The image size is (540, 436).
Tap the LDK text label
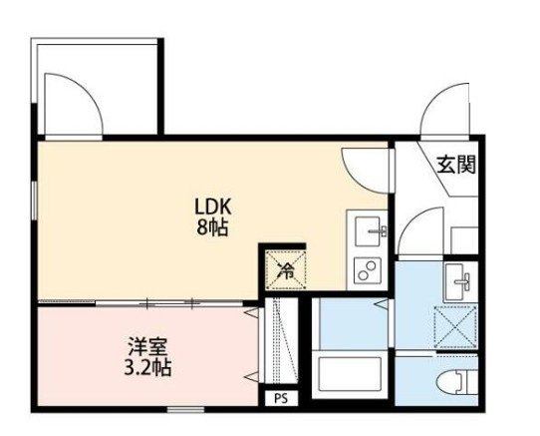tap(212, 207)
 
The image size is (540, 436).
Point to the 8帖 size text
tap(212, 227)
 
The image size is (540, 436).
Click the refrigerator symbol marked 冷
tap(282, 267)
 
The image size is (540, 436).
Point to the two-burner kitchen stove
tap(368, 268)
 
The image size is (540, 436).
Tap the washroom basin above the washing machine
tap(460, 281)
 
